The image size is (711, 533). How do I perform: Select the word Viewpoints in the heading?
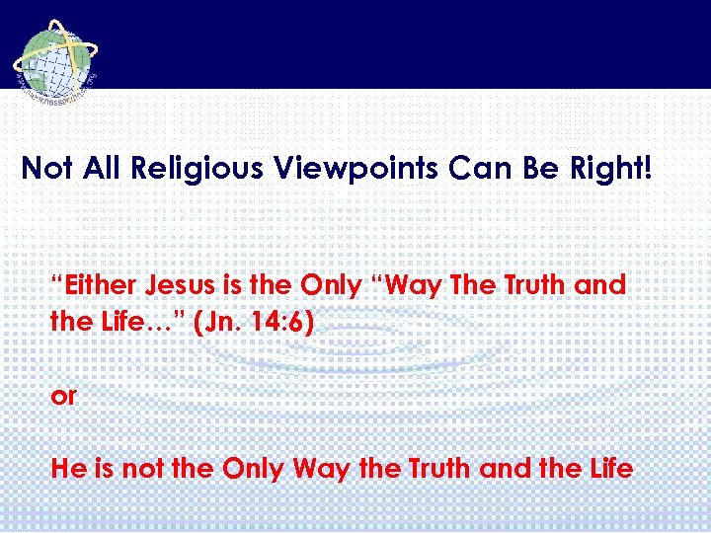tap(346, 168)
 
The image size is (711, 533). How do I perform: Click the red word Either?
tap(97, 286)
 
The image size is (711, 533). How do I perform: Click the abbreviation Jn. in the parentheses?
tap(224, 322)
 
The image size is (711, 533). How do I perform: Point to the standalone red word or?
tap(63, 396)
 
